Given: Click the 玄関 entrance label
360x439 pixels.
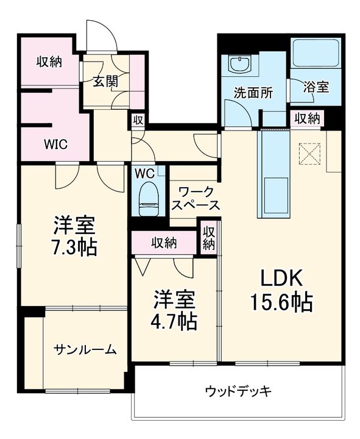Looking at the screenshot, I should point(105,81).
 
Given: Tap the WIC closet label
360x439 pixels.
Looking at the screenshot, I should point(55,145).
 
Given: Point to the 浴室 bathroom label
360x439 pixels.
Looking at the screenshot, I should point(317,87).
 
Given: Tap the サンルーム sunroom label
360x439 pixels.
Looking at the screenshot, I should point(85,349).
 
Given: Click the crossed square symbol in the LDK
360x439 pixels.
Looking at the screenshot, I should point(309,153).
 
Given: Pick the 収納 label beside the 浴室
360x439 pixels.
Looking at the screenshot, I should point(307,118).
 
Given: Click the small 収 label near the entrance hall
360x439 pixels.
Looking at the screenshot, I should point(138,120).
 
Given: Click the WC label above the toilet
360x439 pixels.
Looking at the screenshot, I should point(144,173).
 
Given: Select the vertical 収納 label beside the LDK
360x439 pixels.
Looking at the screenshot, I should point(209,238).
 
